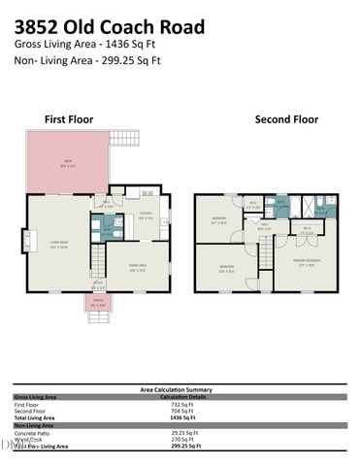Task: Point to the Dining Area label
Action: pyautogui.click(x=137, y=267)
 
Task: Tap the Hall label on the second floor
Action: pyautogui.click(x=263, y=224)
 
